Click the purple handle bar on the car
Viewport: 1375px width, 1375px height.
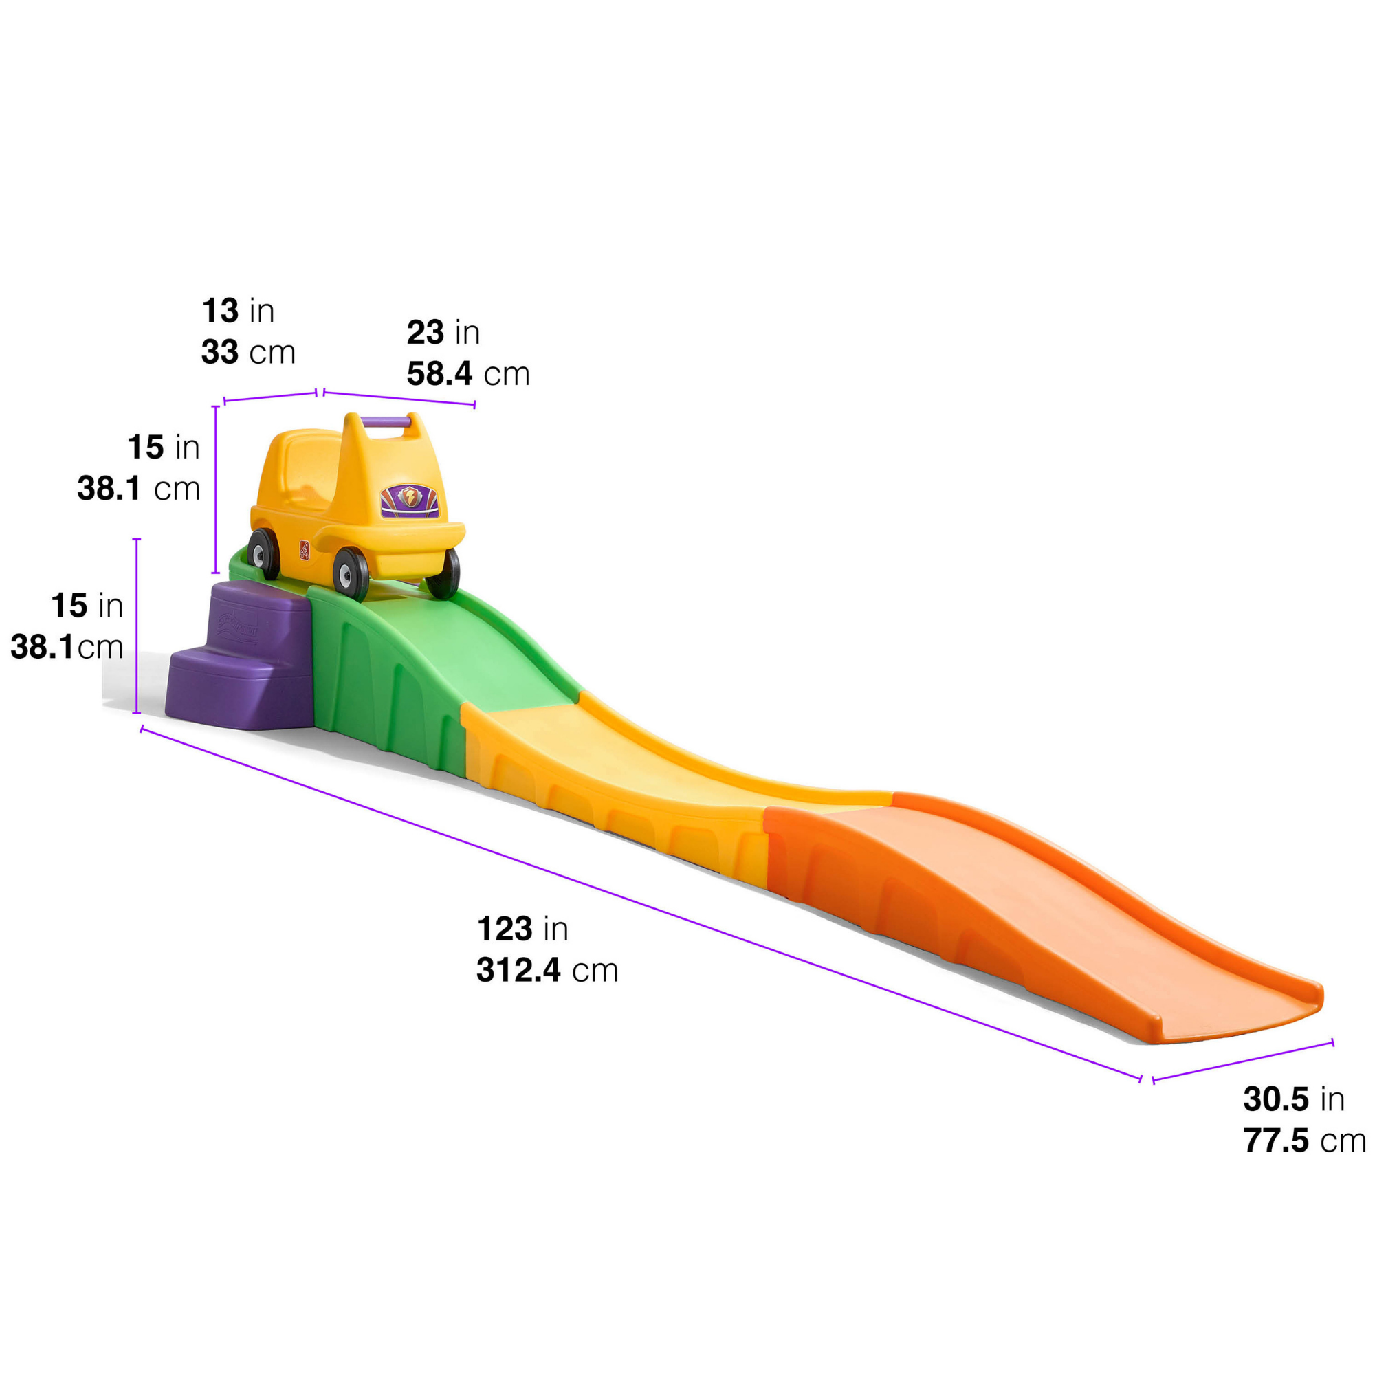point(387,422)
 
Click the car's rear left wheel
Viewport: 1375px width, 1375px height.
point(264,553)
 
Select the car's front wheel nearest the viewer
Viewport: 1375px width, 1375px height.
point(351,573)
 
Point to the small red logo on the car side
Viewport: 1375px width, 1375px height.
point(305,549)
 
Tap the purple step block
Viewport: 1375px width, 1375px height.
point(239,655)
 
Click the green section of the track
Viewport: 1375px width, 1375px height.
point(427,662)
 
